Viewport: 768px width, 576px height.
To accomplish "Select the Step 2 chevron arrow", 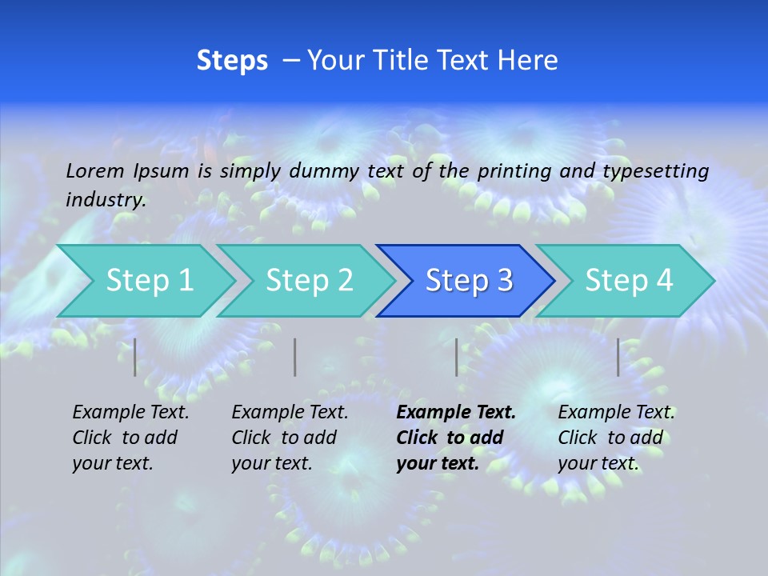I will [309, 281].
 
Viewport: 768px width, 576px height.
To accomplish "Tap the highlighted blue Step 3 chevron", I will [469, 281].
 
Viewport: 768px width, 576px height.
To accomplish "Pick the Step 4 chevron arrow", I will [629, 281].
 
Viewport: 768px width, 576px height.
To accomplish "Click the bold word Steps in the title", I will [232, 61].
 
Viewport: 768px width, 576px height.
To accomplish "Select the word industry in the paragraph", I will [105, 200].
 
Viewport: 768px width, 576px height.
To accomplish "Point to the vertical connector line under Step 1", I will [135, 357].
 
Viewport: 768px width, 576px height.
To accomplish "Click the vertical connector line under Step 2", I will [295, 357].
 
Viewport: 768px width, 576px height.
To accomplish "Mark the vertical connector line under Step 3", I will [457, 357].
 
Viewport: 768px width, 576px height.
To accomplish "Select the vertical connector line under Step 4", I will [618, 357].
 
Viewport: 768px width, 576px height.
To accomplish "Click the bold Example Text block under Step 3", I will [456, 438].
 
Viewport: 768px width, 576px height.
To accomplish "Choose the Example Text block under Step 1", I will [130, 438].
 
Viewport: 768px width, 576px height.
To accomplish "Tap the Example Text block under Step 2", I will [290, 438].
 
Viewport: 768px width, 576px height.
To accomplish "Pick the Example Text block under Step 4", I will [616, 438].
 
